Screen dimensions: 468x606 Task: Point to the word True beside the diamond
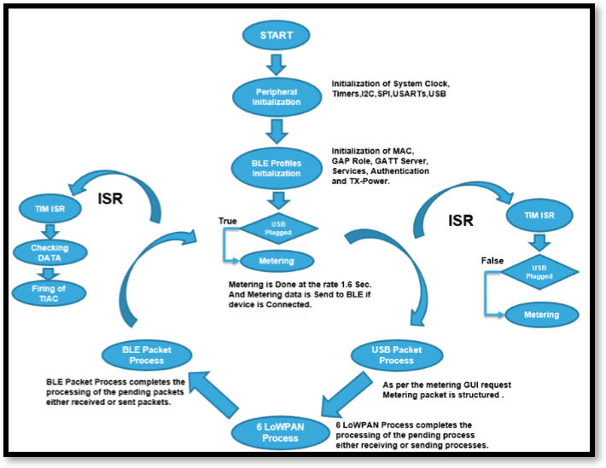(228, 222)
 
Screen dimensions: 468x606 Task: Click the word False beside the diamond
(492, 258)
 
